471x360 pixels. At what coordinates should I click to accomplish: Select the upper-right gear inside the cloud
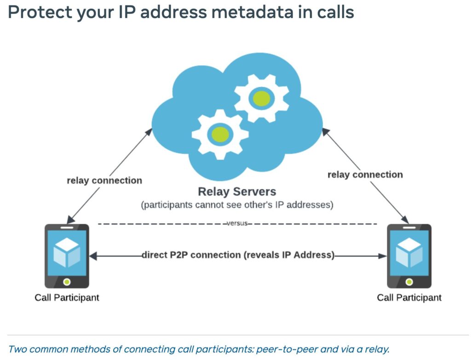(261, 98)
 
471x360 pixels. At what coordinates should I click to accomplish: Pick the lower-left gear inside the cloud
(220, 134)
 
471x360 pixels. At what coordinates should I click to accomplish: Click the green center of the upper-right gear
(261, 98)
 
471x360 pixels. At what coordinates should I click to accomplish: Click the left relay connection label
(104, 180)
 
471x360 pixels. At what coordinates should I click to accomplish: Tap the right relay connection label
(365, 174)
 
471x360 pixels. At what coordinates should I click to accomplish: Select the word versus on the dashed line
(237, 224)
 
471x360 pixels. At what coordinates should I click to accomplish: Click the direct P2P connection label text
(238, 255)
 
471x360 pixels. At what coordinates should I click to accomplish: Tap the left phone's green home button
(67, 281)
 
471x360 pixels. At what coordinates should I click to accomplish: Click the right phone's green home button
(409, 281)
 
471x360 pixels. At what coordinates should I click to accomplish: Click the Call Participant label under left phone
(67, 297)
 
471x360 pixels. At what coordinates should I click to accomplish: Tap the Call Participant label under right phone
(409, 297)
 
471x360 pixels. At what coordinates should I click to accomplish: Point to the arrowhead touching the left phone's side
(93, 255)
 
